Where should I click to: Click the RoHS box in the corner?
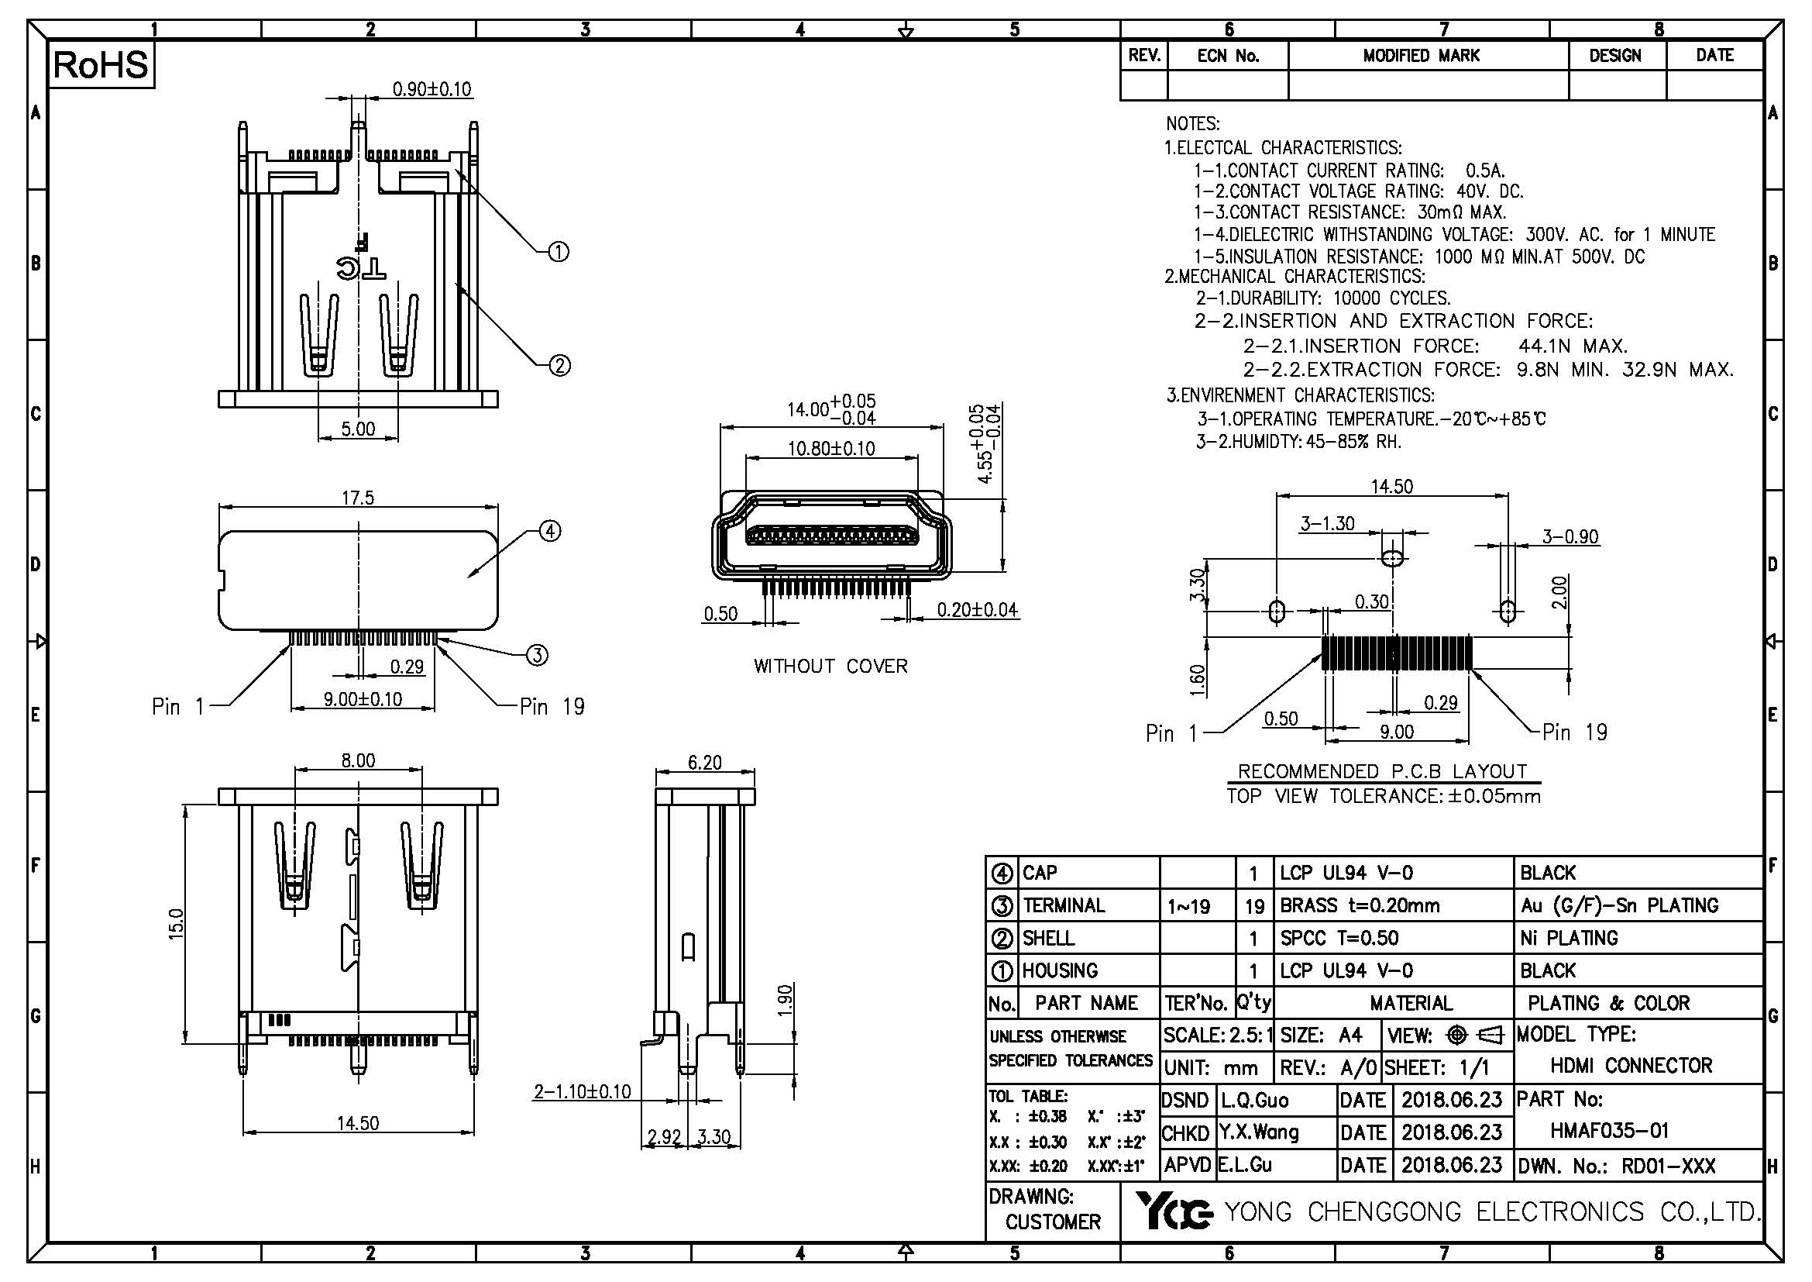[x=101, y=65]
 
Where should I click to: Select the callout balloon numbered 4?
[x=549, y=531]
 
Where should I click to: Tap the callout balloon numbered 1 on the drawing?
[x=558, y=253]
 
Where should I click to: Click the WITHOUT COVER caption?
[x=830, y=667]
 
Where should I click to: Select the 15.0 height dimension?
[x=177, y=923]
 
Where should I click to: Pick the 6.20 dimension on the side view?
[x=704, y=763]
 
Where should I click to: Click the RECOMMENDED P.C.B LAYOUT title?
[x=1382, y=771]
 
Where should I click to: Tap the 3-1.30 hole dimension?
[x=1328, y=523]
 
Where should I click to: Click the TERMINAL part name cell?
[x=1063, y=905]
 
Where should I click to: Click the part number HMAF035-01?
[x=1609, y=1130]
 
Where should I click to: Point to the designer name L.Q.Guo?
[x=1254, y=1100]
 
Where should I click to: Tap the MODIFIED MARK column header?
[x=1421, y=56]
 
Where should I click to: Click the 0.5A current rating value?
[x=1484, y=171]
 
